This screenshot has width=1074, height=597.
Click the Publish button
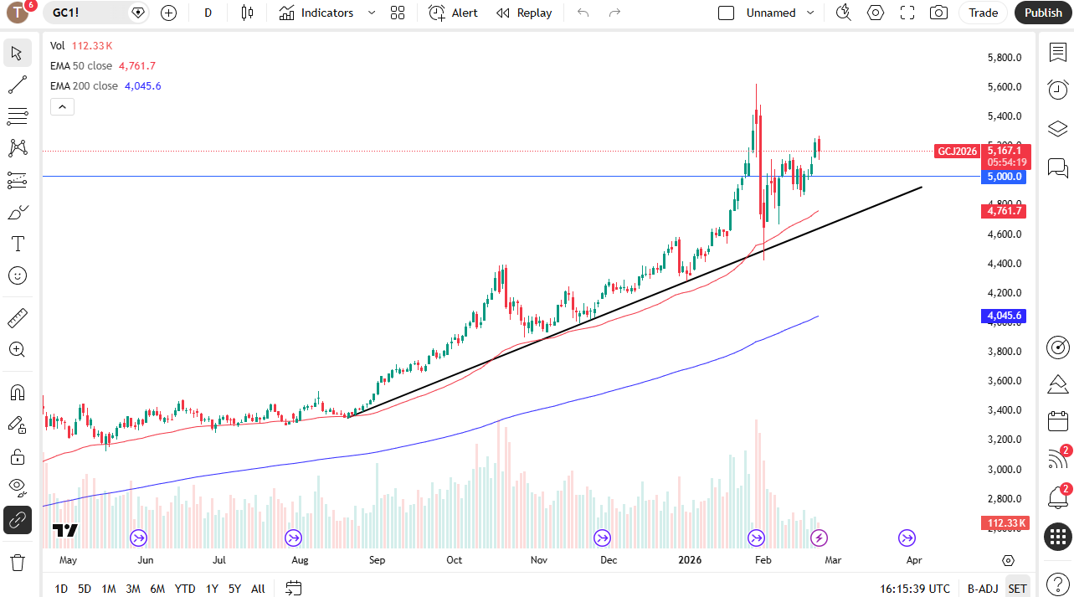1043,13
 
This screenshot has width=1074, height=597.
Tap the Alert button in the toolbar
454,13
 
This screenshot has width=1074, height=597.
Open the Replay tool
524,13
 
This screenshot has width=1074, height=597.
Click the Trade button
984,13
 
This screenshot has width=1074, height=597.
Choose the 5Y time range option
234,589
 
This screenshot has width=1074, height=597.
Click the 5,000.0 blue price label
1005,177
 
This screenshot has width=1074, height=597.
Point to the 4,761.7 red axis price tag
1005,211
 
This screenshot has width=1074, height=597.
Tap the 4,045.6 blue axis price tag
1005,316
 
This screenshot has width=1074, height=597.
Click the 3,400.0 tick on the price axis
1005,410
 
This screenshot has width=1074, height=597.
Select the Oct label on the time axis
454,560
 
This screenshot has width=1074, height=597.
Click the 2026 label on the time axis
690,560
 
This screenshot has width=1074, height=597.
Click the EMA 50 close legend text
80,65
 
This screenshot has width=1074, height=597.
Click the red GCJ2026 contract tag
957,152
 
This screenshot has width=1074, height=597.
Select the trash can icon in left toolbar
17,562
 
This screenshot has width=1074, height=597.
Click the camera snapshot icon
938,13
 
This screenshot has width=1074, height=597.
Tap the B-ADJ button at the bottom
982,589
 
